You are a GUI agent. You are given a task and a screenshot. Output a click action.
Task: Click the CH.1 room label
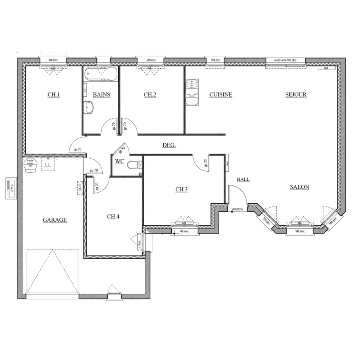53,95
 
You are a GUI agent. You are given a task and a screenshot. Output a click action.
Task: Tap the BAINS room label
101,95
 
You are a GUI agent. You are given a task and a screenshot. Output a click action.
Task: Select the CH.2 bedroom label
150,95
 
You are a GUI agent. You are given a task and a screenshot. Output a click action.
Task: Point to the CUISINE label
221,95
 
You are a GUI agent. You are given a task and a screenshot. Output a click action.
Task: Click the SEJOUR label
296,95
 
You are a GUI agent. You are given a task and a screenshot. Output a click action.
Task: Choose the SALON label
299,187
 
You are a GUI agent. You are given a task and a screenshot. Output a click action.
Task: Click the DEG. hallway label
169,145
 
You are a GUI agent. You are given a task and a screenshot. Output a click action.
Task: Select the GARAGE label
55,220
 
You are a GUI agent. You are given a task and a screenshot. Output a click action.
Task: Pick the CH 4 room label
113,217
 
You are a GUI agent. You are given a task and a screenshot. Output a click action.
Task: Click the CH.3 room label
181,189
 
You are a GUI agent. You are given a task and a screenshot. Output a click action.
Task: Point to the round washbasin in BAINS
89,107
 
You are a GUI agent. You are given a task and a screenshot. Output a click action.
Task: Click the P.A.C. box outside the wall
11,188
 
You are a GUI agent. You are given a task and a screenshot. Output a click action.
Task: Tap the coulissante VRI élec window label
285,60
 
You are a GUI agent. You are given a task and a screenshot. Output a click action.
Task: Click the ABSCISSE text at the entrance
238,209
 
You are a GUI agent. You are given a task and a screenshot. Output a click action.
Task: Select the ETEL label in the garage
80,188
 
